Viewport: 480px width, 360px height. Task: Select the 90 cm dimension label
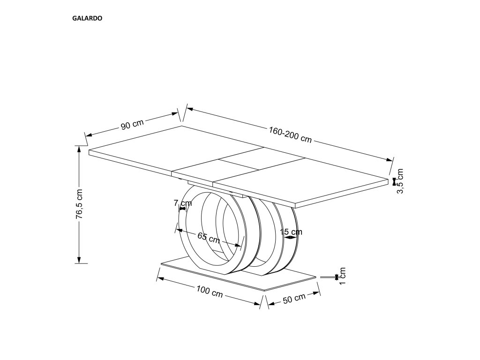(x=132, y=125)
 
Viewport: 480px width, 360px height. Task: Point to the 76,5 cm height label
(x=80, y=204)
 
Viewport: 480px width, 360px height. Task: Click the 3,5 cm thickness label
(x=399, y=181)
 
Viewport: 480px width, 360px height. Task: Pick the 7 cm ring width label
(x=183, y=203)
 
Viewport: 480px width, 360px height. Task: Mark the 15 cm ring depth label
(x=291, y=232)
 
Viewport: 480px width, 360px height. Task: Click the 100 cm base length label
(x=210, y=293)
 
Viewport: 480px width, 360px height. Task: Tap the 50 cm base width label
(x=294, y=299)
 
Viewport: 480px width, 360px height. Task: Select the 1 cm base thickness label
(x=342, y=277)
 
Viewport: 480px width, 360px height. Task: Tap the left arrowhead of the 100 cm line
(x=160, y=279)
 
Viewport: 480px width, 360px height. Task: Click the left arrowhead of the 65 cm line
(x=179, y=230)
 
